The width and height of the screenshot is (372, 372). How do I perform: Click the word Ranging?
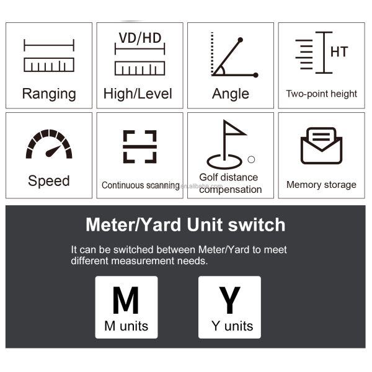(x=49, y=94)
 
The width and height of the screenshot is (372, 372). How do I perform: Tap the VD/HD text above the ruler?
(x=140, y=38)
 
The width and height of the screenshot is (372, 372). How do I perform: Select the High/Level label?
(x=138, y=94)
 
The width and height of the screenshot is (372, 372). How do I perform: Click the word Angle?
(x=231, y=94)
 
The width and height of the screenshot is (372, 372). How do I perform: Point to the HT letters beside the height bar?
(x=339, y=51)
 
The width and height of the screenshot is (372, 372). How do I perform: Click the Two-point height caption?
(x=321, y=94)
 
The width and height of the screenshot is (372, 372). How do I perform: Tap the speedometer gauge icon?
(x=49, y=144)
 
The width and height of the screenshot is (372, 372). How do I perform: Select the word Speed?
(x=49, y=181)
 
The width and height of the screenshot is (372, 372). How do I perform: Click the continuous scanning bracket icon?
(x=139, y=146)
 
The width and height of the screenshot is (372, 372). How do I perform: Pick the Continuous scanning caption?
(x=141, y=185)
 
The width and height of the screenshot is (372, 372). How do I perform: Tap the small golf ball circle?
(x=251, y=159)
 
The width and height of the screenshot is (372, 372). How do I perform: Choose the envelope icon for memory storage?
(x=321, y=146)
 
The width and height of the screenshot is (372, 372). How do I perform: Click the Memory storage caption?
(x=321, y=185)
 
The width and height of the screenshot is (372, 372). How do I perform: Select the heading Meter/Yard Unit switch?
(x=185, y=224)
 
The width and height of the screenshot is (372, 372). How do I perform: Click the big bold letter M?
(x=126, y=300)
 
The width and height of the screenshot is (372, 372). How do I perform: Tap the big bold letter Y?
(x=229, y=300)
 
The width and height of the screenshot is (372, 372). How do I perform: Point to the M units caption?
(x=126, y=326)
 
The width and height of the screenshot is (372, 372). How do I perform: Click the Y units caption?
(x=232, y=326)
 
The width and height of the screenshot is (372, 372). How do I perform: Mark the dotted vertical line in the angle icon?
(x=212, y=53)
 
